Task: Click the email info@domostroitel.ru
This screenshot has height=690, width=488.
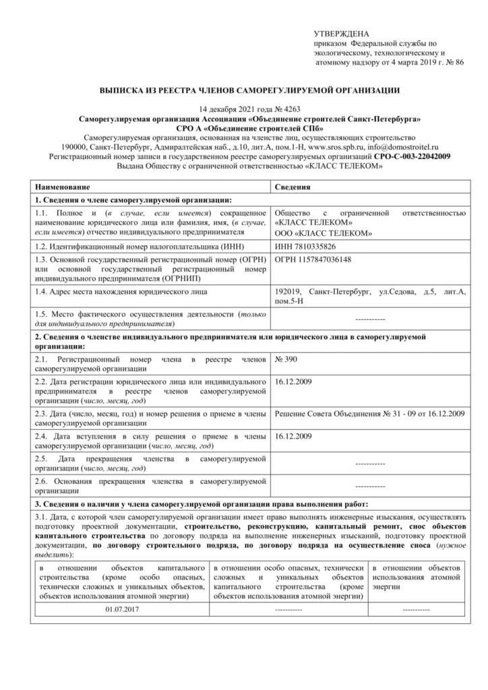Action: [400, 146]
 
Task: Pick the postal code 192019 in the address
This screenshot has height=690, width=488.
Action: [290, 291]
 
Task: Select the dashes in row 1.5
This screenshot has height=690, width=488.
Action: [369, 317]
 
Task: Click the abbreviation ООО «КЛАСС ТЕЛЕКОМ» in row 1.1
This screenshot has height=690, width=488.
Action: [324, 233]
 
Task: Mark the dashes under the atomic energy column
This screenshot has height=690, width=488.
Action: [416, 609]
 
